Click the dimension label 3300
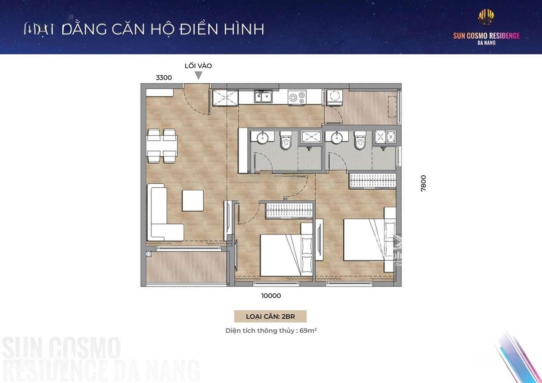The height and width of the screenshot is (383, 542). (x=164, y=78)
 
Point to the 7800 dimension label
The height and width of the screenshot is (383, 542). (x=424, y=183)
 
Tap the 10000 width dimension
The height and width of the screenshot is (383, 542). (x=270, y=296)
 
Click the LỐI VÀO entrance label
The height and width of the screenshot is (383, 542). (x=199, y=66)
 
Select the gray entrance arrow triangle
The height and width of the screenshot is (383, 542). (x=199, y=75)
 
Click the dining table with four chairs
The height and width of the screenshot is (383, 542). (x=162, y=146)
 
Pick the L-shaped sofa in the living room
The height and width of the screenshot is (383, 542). (x=164, y=212)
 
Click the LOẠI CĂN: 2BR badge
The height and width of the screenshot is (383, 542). (x=270, y=316)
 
